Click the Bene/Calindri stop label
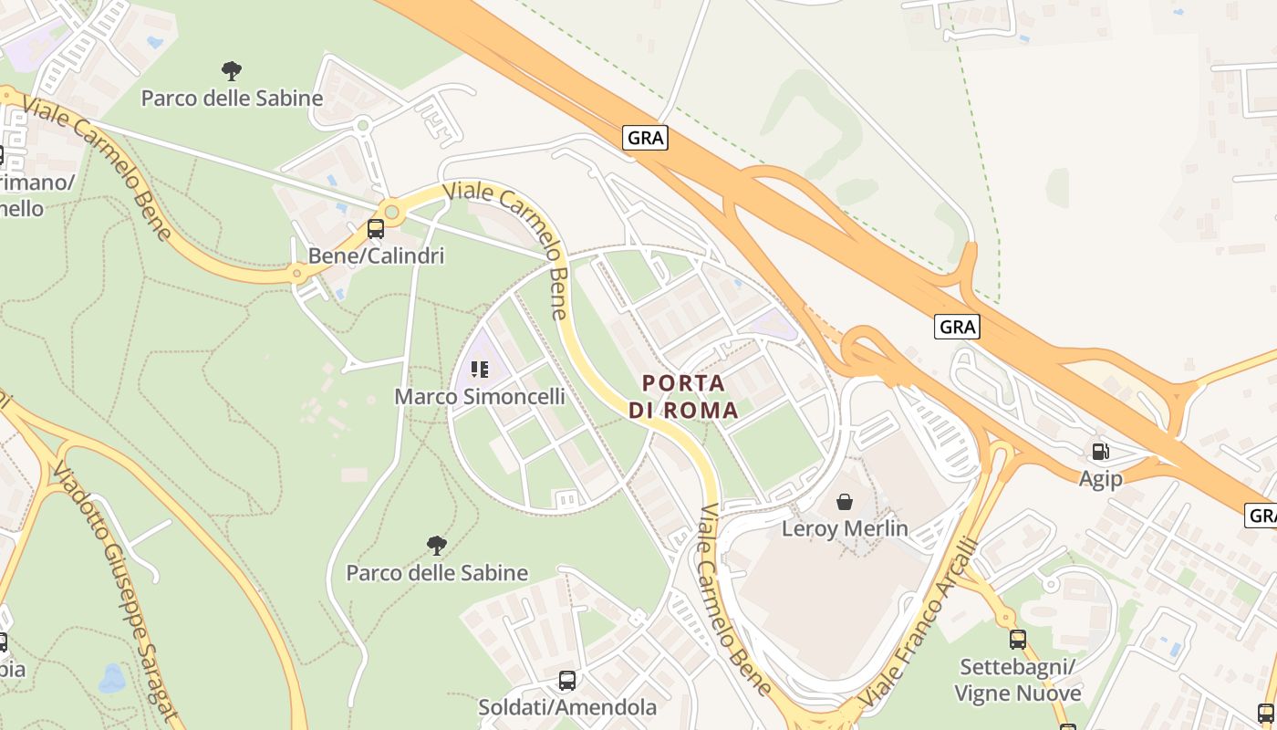pos(376,255)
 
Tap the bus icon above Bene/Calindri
pos(376,229)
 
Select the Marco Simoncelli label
pos(479,397)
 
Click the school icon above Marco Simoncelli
pos(480,370)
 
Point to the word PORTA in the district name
pos(684,383)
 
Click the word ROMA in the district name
pos(701,411)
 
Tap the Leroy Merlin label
pos(845,528)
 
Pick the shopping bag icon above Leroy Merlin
pos(845,502)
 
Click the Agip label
pos(1100,478)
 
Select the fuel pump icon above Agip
pos(1101,451)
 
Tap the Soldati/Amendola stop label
pos(567,707)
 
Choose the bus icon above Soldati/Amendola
pos(567,681)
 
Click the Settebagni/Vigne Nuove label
pos(1018,680)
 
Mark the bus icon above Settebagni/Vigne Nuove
pos(1018,640)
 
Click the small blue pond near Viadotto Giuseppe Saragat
pos(112,679)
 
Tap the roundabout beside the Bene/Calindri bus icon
pos(392,213)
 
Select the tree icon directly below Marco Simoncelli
pos(437,546)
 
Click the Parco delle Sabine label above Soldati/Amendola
pos(437,573)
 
